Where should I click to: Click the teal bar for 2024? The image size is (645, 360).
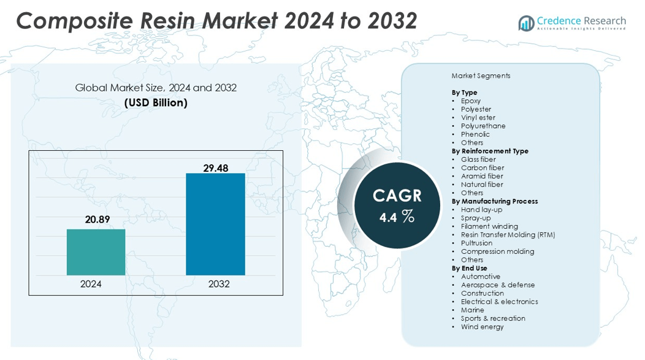click(x=96, y=252)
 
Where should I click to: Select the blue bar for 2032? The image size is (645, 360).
click(x=215, y=224)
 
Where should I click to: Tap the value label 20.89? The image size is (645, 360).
click(x=97, y=220)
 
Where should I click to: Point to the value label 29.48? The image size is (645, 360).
click(x=216, y=167)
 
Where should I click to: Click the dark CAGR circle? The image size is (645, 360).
click(x=397, y=206)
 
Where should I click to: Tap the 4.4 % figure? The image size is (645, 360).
click(x=397, y=216)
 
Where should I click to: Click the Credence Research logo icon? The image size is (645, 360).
click(x=526, y=23)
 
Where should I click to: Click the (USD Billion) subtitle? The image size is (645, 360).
click(x=156, y=103)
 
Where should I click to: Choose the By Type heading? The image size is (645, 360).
click(x=464, y=93)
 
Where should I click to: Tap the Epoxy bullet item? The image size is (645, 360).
click(x=471, y=101)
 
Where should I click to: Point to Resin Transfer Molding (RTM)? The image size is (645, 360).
click(x=508, y=234)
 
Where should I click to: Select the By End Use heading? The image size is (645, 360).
click(x=469, y=268)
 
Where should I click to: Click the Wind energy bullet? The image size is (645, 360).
click(x=482, y=327)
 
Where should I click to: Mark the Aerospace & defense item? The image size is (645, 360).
click(x=498, y=285)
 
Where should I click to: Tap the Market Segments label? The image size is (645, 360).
click(x=481, y=76)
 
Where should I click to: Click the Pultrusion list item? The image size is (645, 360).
click(x=476, y=243)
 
